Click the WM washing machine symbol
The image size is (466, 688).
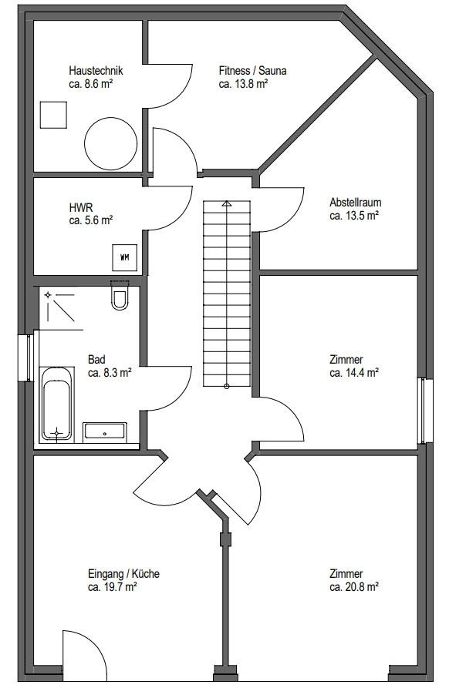[125, 257]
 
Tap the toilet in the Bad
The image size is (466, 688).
[120, 295]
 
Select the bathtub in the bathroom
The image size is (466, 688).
[56, 404]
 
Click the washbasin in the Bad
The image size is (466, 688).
[105, 433]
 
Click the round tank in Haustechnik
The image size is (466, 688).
[110, 143]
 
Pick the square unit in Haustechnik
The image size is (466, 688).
[53, 115]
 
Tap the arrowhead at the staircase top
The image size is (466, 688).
[226, 203]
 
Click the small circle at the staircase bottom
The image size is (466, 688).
[227, 386]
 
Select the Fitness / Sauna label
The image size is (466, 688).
[252, 71]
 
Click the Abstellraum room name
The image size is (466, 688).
[356, 203]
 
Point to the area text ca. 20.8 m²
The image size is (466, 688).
[354, 586]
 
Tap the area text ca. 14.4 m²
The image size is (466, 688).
[354, 373]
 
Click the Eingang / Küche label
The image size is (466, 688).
[124, 573]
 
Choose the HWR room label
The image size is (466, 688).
[81, 207]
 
